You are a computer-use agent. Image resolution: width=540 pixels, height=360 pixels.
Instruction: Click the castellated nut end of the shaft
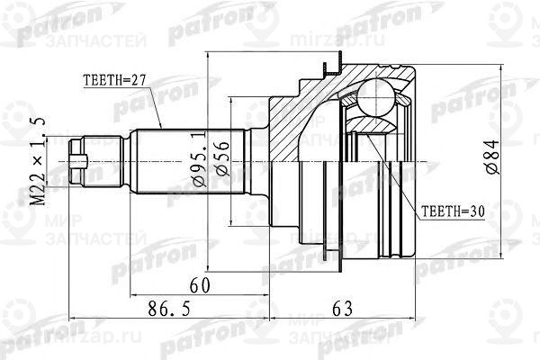click(x=79, y=164)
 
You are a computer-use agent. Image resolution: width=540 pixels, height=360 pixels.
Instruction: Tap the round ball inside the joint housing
click(x=379, y=96)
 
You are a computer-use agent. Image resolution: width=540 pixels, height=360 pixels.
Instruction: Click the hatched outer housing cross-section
click(x=297, y=112)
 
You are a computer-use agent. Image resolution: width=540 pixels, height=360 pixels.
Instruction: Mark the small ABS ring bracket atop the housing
click(x=333, y=65)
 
